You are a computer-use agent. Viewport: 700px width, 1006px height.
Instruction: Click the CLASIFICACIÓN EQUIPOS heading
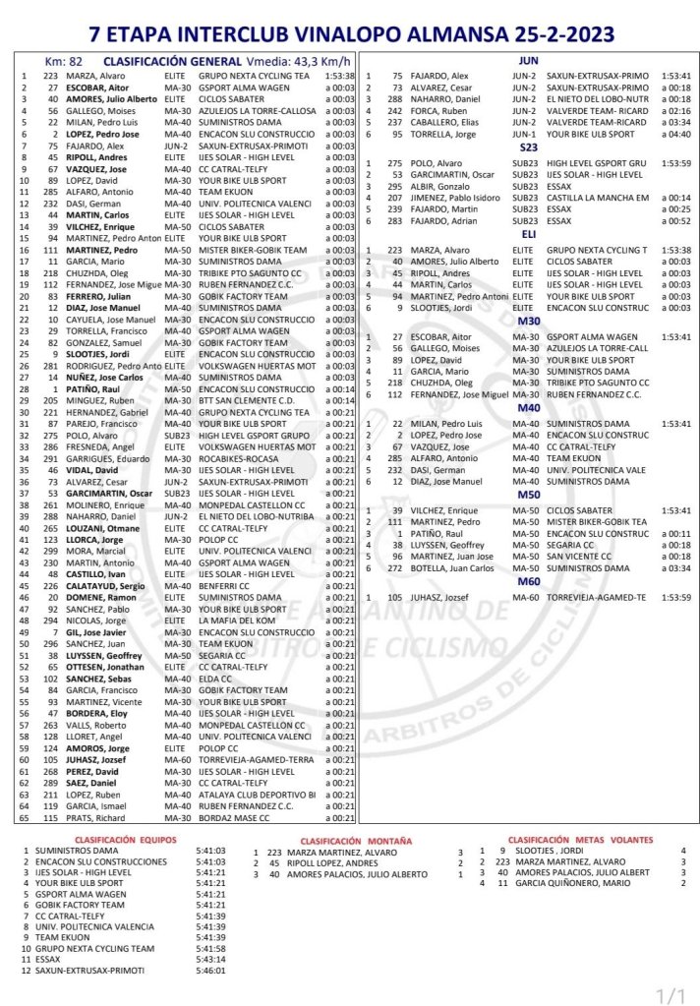(125, 840)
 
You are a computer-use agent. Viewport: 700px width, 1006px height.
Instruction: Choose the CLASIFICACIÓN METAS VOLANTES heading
(567, 840)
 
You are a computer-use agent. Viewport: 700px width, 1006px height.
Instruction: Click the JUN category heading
(527, 61)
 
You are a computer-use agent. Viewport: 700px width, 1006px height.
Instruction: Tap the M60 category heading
(528, 582)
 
